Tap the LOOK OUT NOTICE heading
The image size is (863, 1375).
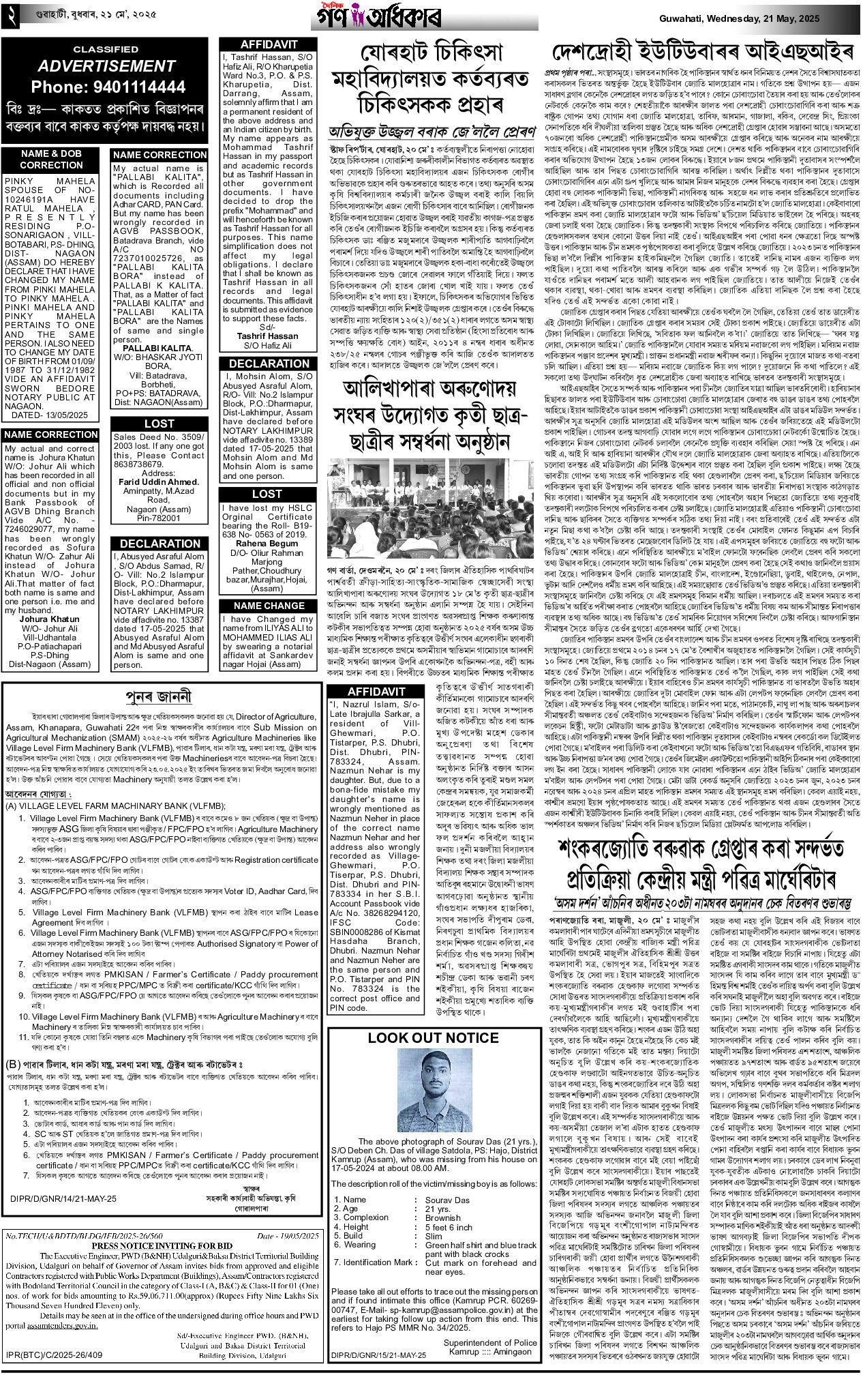433,1037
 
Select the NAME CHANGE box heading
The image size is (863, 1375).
269,606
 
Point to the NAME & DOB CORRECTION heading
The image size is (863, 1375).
52,159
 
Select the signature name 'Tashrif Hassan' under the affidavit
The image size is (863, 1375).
267,336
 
